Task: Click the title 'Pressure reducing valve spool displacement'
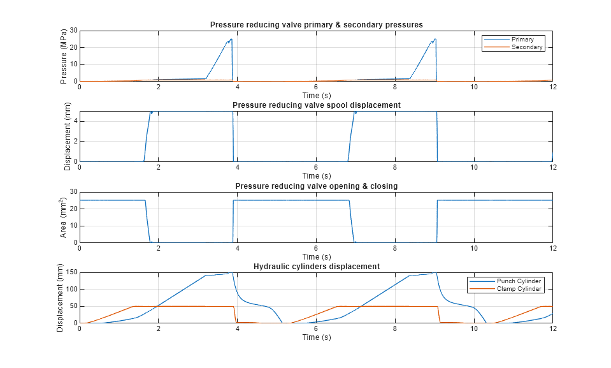click(316, 105)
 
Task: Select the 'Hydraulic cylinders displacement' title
click(316, 266)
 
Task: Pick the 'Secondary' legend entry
click(526, 47)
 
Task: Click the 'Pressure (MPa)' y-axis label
click(64, 56)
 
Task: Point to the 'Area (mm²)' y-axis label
click(64, 217)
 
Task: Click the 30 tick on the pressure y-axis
click(73, 30)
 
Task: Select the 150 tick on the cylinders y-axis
click(71, 272)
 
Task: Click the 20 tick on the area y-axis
click(73, 209)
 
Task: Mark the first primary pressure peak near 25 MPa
click(231, 39)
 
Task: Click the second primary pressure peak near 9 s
click(435, 39)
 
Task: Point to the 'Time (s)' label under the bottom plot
click(316, 337)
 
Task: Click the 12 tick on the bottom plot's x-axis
click(552, 329)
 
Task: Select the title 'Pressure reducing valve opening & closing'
click(316, 186)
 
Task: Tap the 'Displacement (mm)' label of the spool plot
click(68, 136)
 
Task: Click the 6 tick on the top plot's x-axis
click(316, 87)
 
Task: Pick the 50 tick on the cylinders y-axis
click(73, 306)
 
